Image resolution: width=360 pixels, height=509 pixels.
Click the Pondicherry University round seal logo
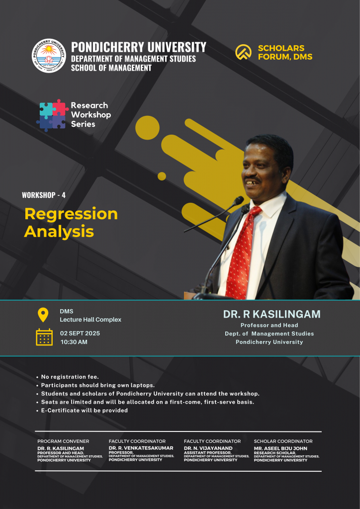click(49, 56)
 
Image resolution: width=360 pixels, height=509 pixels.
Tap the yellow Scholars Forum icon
click(243, 52)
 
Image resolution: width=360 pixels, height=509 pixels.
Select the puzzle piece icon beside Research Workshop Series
click(52, 115)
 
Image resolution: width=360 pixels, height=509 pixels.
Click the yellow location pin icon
click(43, 315)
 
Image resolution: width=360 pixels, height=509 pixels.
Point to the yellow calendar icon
click(44, 337)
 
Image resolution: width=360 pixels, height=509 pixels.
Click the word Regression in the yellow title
click(71, 214)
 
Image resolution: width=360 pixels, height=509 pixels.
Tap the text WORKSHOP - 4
click(44, 195)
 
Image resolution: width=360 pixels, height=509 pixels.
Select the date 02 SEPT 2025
click(80, 334)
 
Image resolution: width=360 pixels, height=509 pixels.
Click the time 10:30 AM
click(74, 342)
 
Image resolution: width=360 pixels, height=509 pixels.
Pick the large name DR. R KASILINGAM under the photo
click(271, 314)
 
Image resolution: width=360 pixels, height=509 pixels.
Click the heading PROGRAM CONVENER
click(63, 441)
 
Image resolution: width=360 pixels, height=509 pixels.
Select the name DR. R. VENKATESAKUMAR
click(141, 448)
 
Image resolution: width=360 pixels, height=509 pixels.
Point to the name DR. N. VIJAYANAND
click(208, 448)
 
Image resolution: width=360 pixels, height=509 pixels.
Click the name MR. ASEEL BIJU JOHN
click(280, 448)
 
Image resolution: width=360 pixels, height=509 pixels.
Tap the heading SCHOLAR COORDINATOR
click(283, 441)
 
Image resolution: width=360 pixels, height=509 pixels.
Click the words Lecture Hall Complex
click(90, 320)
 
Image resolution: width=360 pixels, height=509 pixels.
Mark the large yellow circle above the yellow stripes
click(147, 128)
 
